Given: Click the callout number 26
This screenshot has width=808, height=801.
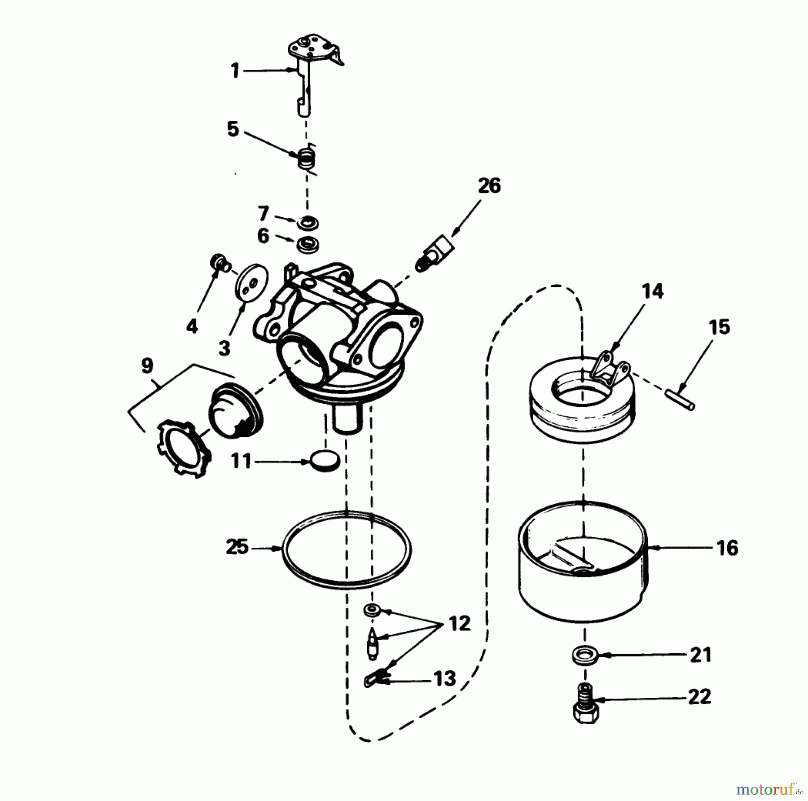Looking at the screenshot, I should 489,185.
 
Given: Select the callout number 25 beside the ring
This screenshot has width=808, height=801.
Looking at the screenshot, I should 237,548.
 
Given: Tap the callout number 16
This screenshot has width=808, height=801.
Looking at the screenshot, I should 728,548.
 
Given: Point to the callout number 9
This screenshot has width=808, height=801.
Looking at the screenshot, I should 147,366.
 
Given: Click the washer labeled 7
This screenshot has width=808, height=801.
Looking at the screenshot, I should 307,222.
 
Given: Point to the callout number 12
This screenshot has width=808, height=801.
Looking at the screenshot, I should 460,623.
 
